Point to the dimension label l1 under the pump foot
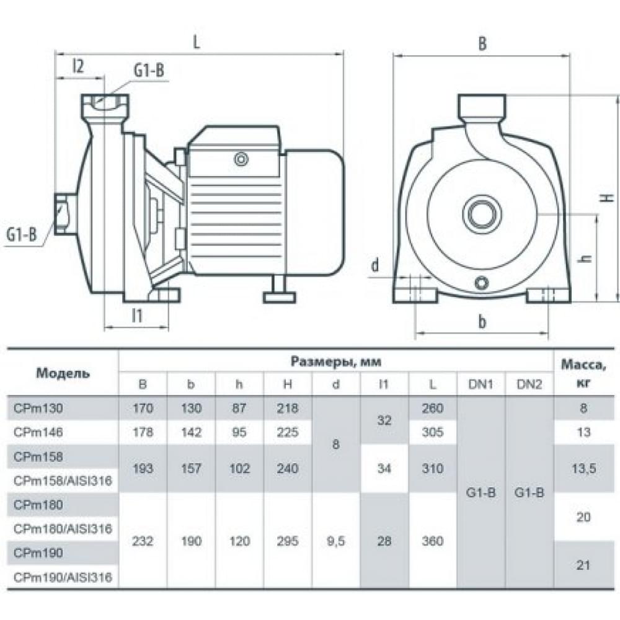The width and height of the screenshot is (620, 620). coord(137,315)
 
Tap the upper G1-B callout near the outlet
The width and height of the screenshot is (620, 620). coord(149,71)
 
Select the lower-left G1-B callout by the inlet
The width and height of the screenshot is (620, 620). coord(22,234)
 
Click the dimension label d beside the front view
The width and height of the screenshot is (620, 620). coord(374,265)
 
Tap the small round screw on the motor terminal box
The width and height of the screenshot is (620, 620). coord(241,159)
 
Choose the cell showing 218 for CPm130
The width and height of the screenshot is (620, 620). coord(287,409)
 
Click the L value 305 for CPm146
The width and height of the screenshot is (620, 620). coord(432,433)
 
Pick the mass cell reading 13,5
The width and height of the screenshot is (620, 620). coord(583,469)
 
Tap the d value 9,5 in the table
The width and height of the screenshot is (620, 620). coord(335,541)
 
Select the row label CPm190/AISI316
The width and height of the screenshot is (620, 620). coord(63,578)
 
